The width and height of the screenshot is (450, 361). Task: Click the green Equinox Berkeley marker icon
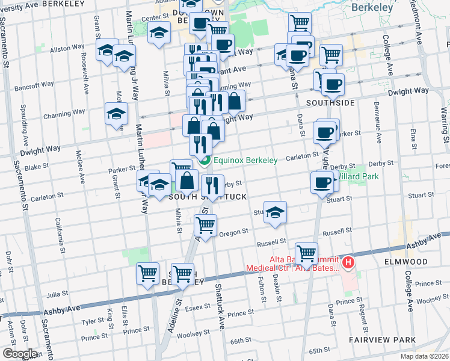pyautogui.click(x=204, y=161)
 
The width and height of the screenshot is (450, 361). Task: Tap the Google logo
pyautogui.click(x=20, y=354)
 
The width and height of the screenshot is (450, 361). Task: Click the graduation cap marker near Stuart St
pyautogui.click(x=276, y=212)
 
